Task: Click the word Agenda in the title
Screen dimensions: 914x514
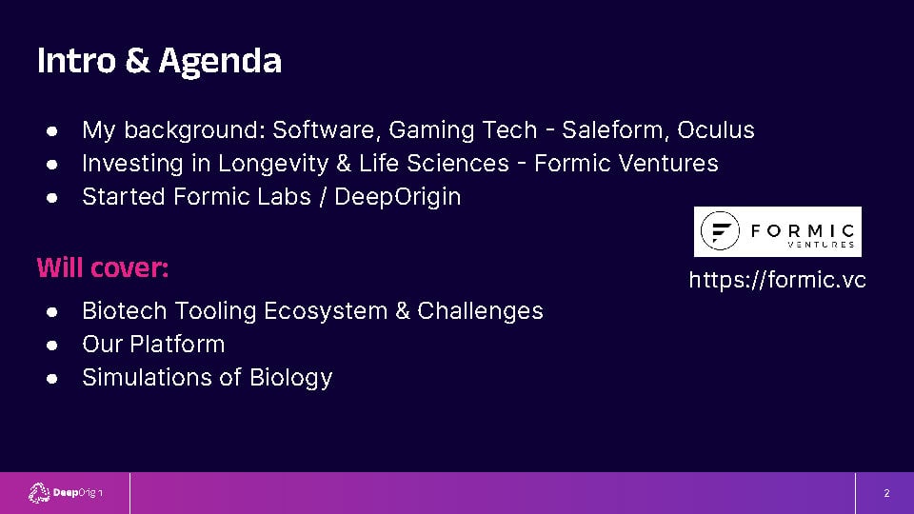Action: [220, 62]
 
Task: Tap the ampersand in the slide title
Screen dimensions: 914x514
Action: [137, 60]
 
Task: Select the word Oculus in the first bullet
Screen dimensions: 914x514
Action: [716, 130]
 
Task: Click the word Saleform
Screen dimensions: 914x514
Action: [615, 130]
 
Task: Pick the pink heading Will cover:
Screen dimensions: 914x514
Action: [103, 268]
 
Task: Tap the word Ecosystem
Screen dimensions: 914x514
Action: [326, 311]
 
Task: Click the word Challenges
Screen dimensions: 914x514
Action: [480, 311]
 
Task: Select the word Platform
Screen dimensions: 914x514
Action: [177, 345]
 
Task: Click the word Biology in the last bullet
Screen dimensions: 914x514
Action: [291, 378]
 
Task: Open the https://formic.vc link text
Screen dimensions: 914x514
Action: [777, 280]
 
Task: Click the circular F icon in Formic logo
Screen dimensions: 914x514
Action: [720, 230]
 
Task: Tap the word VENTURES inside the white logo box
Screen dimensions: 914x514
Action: [821, 245]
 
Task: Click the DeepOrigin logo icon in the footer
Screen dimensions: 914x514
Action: [39, 493]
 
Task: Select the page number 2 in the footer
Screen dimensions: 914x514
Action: [886, 493]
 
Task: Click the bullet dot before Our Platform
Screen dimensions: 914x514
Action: [51, 346]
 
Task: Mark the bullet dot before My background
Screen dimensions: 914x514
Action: [51, 131]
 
